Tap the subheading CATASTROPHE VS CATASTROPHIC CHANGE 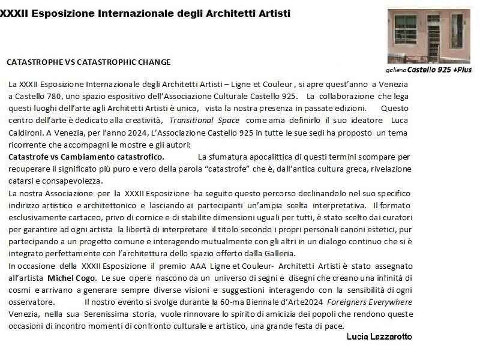click(x=88, y=62)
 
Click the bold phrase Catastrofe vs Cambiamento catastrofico click(x=86, y=157)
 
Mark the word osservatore click(x=30, y=303)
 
